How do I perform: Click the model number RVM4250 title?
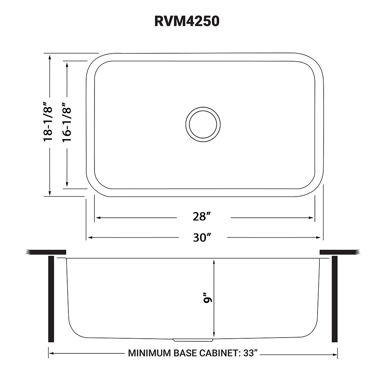click(187, 21)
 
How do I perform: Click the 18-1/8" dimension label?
click(48, 122)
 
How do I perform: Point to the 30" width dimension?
click(201, 237)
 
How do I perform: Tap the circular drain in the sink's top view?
click(203, 124)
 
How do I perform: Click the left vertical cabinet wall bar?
click(51, 299)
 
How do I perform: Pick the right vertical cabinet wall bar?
click(335, 299)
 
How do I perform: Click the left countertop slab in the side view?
click(46, 252)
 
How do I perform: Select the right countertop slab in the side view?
click(339, 252)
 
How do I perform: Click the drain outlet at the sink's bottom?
click(193, 339)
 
